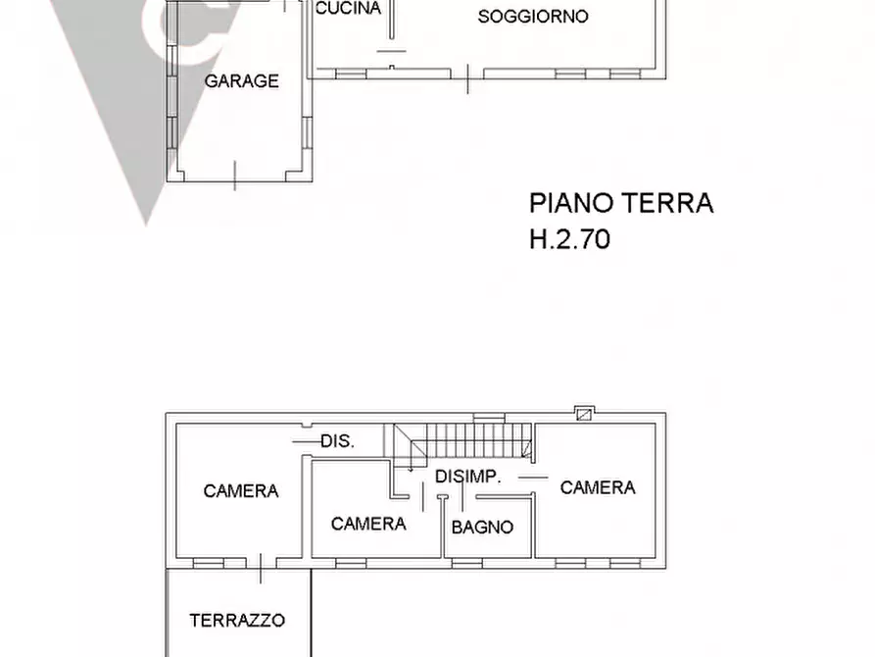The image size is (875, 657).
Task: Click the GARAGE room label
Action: (x=241, y=81)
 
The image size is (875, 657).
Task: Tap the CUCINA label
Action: (x=348, y=9)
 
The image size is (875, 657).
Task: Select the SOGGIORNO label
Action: (x=533, y=17)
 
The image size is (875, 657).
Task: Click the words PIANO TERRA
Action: (x=620, y=203)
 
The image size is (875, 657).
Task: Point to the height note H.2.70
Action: (x=569, y=238)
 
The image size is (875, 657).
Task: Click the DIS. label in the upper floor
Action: (x=337, y=441)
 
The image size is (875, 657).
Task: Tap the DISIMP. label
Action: (x=468, y=477)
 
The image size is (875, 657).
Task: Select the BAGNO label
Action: (x=482, y=527)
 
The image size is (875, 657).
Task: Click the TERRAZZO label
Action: (x=237, y=620)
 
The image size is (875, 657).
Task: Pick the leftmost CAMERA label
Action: (x=241, y=491)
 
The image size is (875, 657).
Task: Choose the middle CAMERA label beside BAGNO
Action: (x=368, y=524)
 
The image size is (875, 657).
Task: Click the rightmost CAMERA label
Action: (x=598, y=487)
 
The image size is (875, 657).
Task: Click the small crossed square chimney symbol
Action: (x=584, y=414)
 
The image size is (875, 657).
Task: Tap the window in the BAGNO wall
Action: (x=466, y=563)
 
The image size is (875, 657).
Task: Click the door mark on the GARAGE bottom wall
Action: (x=235, y=176)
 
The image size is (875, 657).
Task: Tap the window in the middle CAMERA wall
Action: (x=351, y=563)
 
